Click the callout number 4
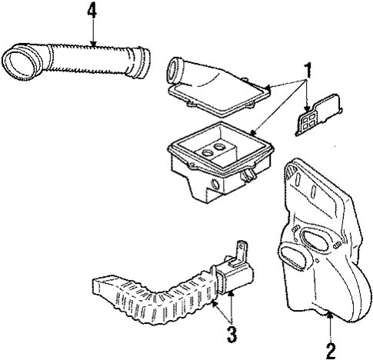[x=92, y=12]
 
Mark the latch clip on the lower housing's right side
[x=249, y=175]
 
